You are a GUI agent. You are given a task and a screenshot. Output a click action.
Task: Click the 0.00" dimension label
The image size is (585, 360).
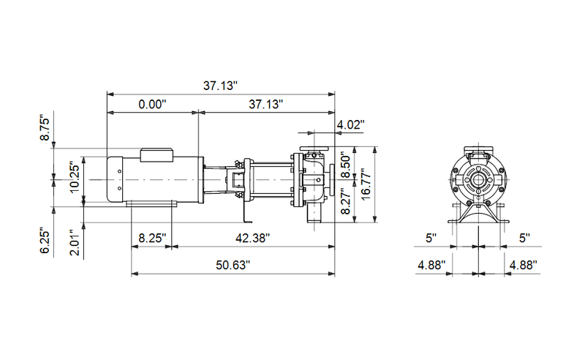[x=153, y=105]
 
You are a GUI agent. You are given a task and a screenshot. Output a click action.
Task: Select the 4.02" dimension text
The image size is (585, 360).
[x=350, y=125]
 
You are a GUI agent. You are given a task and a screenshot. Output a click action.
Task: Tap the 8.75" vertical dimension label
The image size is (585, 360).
[x=45, y=128]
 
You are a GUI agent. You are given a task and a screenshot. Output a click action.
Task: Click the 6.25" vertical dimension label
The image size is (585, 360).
[x=45, y=240]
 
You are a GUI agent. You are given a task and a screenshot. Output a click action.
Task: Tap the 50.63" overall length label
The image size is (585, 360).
[x=232, y=264]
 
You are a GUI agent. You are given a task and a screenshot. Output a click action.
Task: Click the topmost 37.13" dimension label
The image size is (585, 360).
[x=221, y=86]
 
